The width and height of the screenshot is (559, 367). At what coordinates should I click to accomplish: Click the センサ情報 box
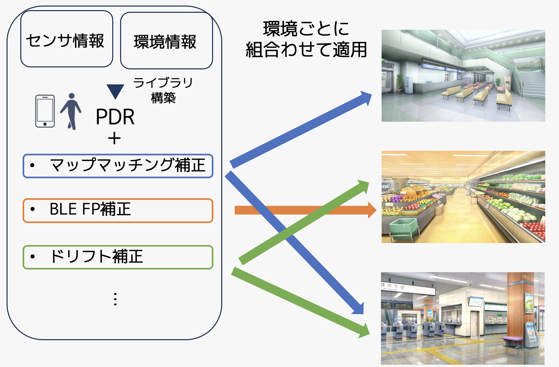tap(66, 39)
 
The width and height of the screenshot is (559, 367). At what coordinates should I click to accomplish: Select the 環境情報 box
tap(166, 41)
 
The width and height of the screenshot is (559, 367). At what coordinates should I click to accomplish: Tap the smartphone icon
tap(45, 111)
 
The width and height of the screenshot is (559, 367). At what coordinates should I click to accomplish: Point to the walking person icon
tap(71, 111)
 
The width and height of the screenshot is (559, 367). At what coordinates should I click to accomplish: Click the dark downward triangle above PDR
tap(115, 91)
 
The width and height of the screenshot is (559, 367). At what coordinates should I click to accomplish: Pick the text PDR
tap(115, 117)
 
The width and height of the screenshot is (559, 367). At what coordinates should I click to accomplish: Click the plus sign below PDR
tap(114, 138)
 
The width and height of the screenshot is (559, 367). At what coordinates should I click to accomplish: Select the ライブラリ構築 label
tap(163, 90)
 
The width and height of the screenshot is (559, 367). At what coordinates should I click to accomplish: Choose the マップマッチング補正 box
tap(118, 166)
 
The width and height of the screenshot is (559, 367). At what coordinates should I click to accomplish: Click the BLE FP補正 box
tap(118, 210)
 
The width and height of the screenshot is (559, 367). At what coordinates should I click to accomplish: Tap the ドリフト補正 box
tap(118, 257)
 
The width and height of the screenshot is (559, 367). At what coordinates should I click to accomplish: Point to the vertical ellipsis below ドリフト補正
tap(115, 299)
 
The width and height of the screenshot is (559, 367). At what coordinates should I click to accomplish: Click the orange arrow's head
tap(372, 210)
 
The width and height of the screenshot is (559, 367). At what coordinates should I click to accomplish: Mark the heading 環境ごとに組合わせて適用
tap(306, 39)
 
